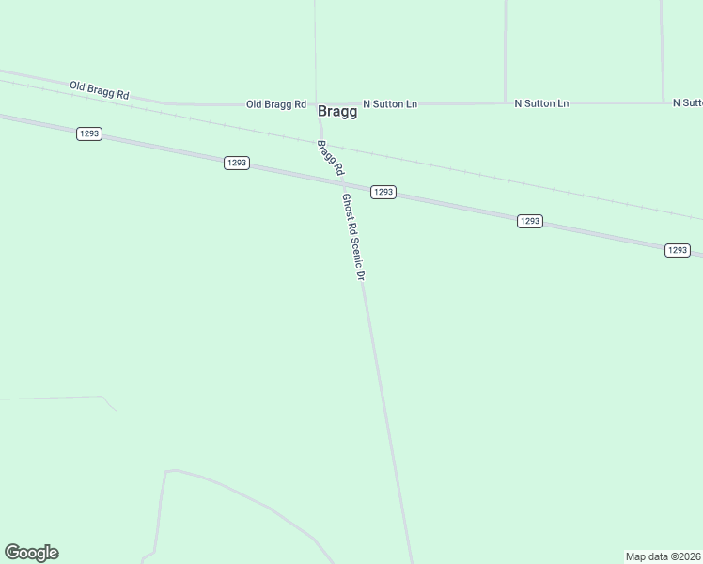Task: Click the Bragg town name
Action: click(337, 111)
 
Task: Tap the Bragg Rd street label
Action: click(330, 159)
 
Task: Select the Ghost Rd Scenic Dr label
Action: click(352, 237)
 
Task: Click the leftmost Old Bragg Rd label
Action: click(99, 91)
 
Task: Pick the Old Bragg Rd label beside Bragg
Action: click(276, 104)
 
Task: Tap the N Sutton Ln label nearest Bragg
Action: click(390, 104)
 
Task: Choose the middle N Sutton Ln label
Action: click(541, 103)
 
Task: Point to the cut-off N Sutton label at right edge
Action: click(687, 102)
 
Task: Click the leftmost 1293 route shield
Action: click(88, 134)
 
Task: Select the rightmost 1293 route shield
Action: click(678, 250)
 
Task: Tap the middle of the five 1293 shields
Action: click(383, 192)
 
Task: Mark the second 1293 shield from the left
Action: click(237, 163)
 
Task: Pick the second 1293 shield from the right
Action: click(529, 221)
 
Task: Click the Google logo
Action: click(31, 553)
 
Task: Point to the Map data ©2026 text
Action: click(664, 556)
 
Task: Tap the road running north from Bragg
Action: click(316, 47)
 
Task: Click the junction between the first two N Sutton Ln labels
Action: click(506, 102)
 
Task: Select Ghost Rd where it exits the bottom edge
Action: click(411, 558)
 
